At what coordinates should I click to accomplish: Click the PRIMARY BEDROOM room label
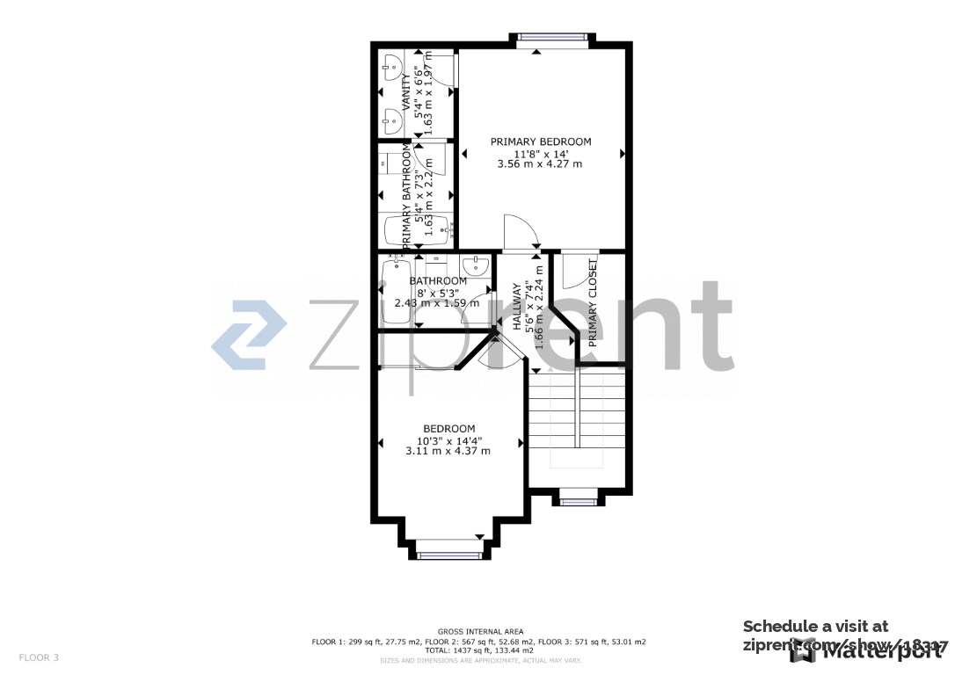[x=540, y=142]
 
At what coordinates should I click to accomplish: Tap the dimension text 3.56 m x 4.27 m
[x=540, y=163]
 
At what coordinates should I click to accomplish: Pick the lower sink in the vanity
[x=391, y=118]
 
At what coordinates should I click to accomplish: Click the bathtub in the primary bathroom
[x=417, y=229]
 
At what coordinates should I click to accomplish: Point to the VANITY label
[x=405, y=93]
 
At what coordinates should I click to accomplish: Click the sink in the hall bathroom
[x=475, y=265]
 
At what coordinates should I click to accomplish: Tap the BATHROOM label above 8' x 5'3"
[x=438, y=281]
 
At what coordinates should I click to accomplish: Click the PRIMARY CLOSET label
[x=593, y=303]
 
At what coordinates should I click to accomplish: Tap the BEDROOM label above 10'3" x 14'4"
[x=448, y=429]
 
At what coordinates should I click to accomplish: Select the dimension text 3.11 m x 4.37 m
[x=448, y=451]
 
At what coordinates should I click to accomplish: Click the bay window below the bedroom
[x=449, y=554]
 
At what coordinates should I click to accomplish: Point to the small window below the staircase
[x=576, y=502]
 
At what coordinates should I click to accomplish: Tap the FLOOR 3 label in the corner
[x=39, y=657]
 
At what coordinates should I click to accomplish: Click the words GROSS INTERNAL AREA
[x=480, y=631]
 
